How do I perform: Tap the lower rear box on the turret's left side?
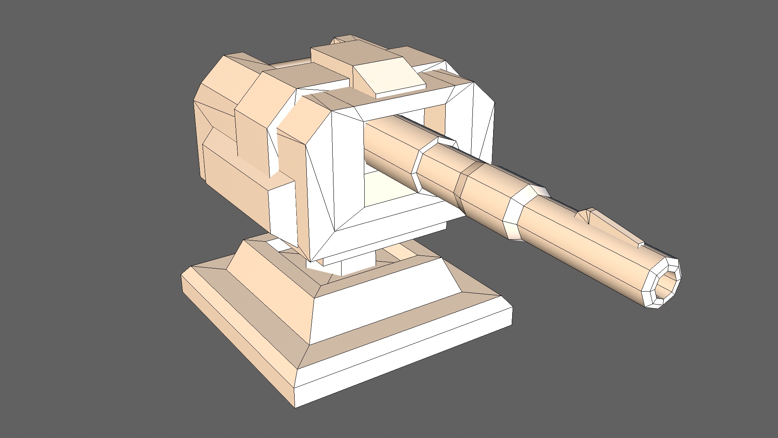point(235,187)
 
